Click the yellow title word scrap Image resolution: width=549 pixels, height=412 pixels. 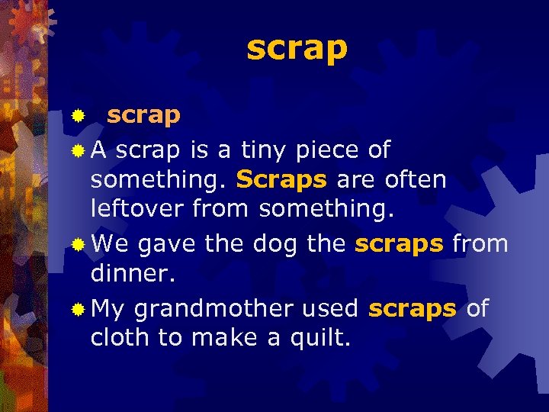pos(297,49)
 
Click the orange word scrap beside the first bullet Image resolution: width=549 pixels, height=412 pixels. pos(143,116)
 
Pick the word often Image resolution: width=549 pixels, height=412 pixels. pos(416,179)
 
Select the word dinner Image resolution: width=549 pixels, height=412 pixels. pos(133,272)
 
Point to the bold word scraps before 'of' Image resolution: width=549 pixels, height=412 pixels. pos(412,310)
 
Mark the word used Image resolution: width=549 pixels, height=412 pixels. pos(329,308)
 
